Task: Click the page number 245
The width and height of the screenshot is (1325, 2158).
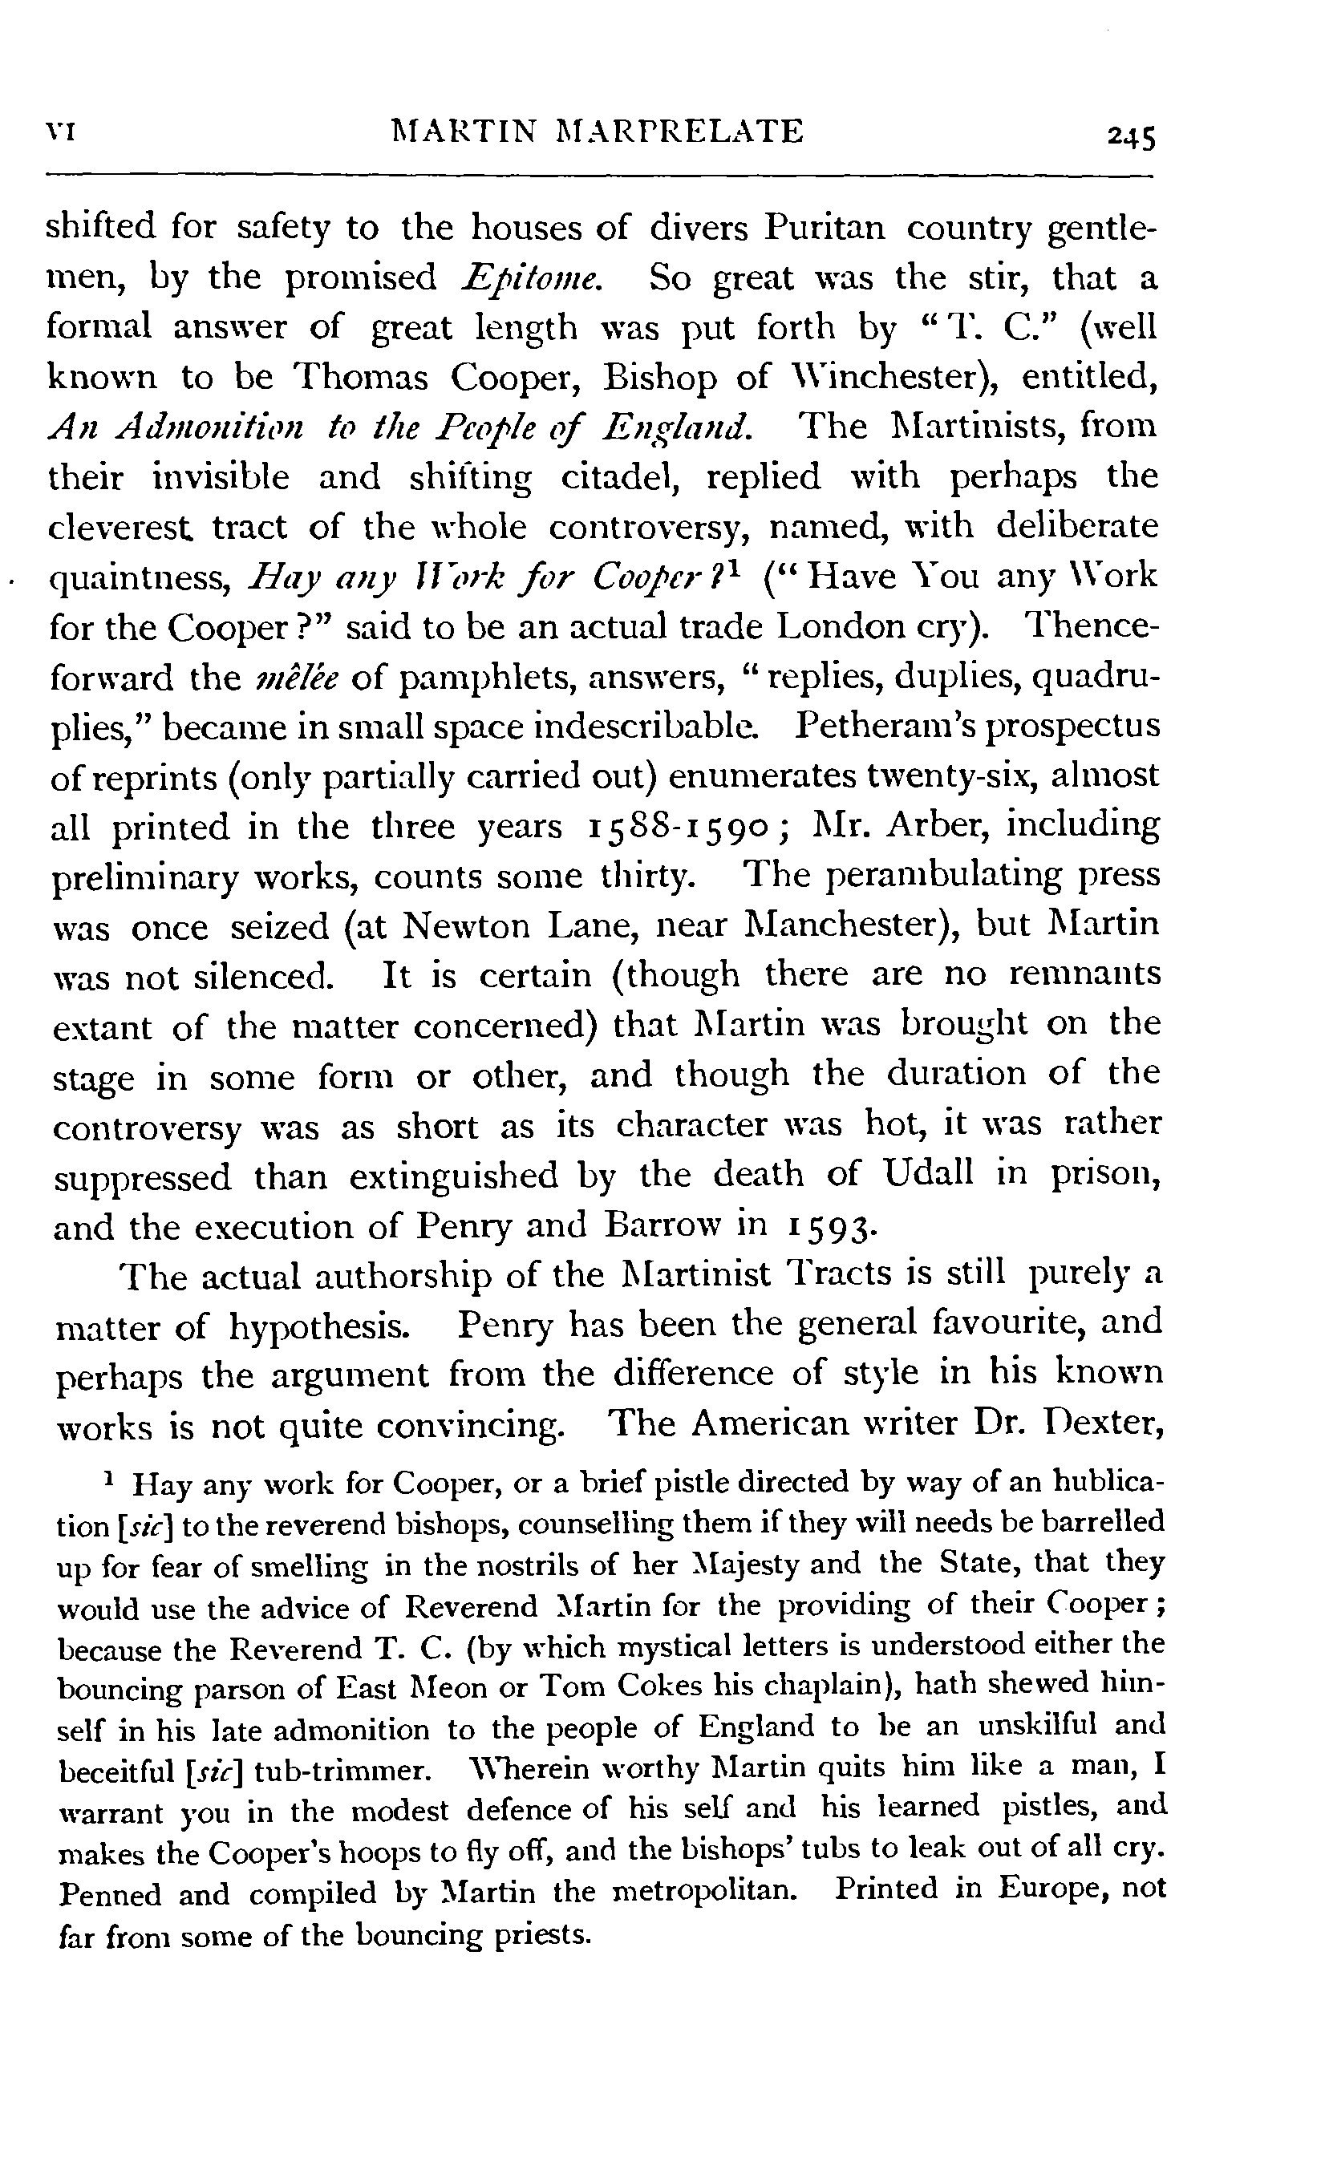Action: (1129, 136)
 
